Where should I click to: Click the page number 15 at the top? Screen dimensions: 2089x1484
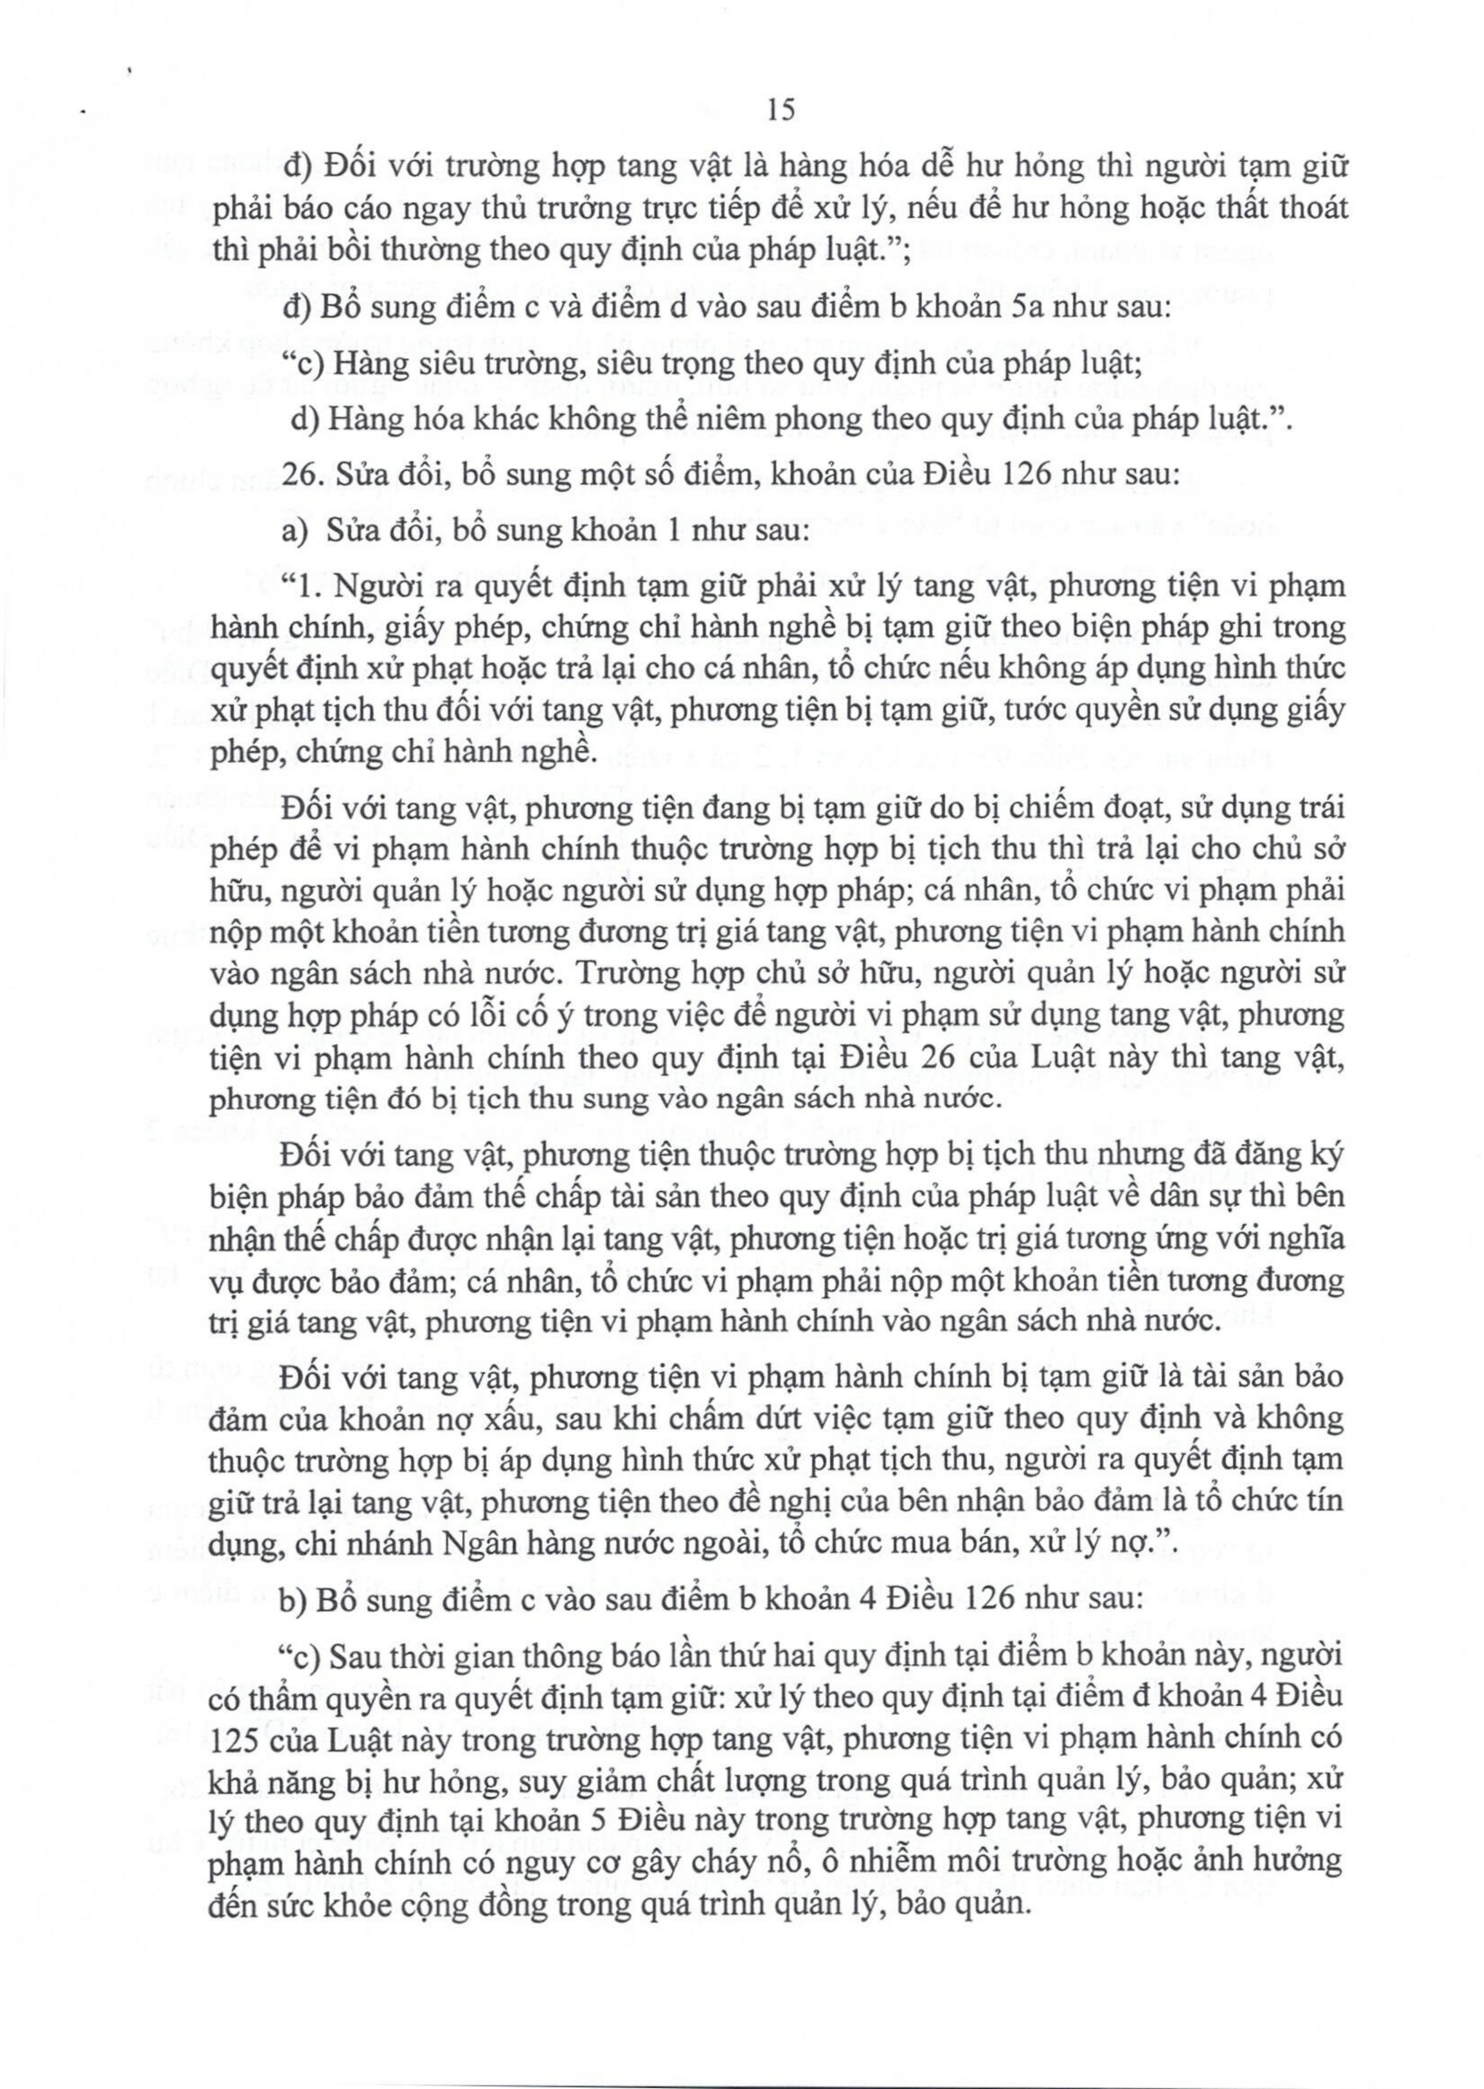pos(782,110)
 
